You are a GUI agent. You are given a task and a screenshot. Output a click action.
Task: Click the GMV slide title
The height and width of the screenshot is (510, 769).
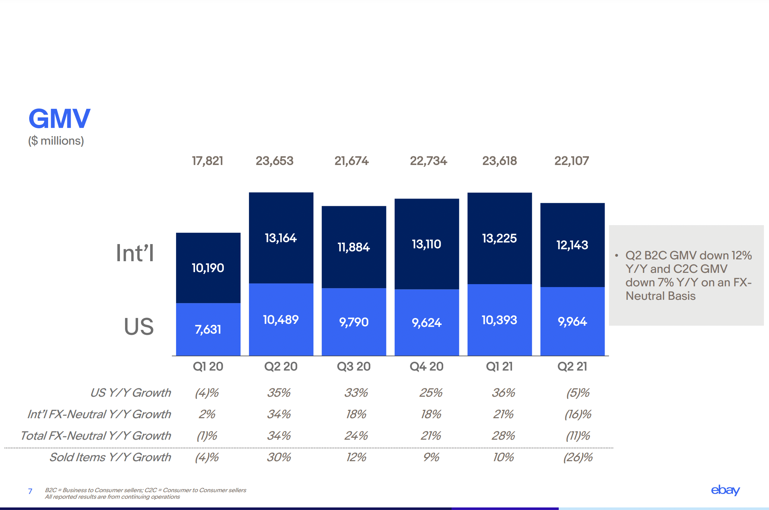coord(59,119)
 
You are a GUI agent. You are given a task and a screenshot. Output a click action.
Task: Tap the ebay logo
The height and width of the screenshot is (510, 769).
coord(725,490)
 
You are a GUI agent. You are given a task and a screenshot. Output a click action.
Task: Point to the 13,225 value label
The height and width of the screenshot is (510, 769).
coord(499,238)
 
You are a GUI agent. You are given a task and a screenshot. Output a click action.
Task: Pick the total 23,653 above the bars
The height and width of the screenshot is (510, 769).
coord(274,161)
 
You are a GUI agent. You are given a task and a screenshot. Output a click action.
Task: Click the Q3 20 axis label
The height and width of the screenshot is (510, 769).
coord(354,366)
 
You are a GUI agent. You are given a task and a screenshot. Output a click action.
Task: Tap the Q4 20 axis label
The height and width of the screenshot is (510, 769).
coord(426,366)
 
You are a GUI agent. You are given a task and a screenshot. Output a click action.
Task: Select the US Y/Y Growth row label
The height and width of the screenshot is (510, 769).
coord(130,393)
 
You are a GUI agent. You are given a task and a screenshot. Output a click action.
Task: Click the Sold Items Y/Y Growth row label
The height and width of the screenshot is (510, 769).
coord(110,457)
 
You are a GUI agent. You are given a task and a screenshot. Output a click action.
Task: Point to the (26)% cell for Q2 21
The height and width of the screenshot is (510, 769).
coord(578,457)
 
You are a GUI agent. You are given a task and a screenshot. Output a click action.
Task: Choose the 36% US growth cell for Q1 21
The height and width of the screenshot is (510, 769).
coord(503,393)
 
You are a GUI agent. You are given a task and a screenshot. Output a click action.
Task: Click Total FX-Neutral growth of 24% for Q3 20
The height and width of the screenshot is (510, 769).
coord(356,436)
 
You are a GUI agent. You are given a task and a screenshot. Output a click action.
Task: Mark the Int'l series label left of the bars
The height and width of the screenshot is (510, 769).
coord(135,253)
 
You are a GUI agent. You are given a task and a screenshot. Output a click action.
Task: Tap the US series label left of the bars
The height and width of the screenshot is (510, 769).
coord(138,326)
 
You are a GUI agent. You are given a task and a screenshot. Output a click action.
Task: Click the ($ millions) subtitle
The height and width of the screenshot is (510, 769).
coord(56,141)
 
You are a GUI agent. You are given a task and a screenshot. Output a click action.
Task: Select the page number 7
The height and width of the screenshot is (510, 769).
coord(30,491)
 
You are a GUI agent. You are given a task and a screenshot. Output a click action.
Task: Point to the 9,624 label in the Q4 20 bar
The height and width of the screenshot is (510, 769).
coord(426,322)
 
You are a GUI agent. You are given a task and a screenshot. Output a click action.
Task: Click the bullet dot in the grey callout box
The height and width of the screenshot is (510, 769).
coord(616,255)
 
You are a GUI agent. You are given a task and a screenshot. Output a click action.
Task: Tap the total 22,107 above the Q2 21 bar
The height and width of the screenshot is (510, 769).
coord(571,161)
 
